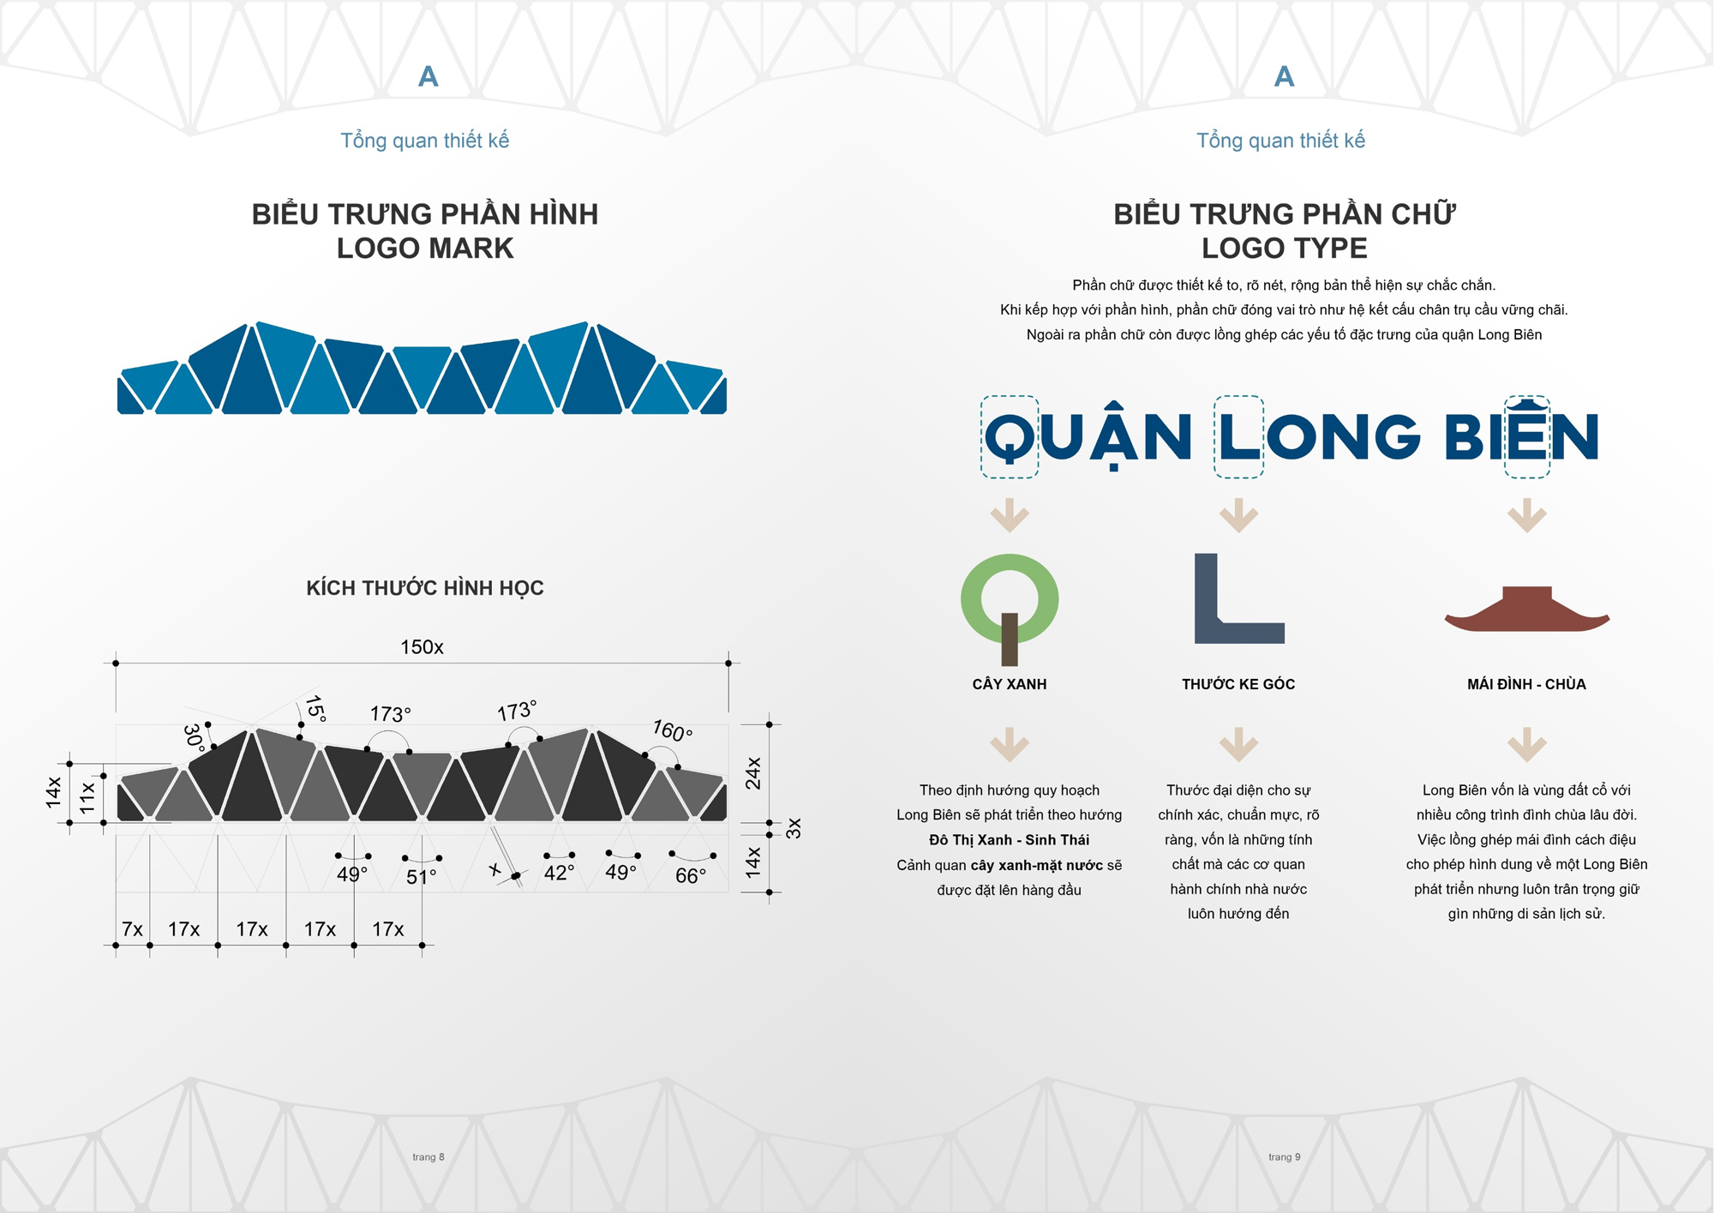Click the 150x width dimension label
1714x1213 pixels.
point(422,647)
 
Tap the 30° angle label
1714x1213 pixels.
point(194,738)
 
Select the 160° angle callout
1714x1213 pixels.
point(672,730)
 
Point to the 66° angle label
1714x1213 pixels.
point(691,875)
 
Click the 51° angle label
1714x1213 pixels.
point(421,877)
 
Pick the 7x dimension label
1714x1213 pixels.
point(132,929)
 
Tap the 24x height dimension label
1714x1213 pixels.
point(753,772)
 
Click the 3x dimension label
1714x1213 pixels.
point(794,828)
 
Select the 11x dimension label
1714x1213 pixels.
point(87,797)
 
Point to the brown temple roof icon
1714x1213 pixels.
point(1527,610)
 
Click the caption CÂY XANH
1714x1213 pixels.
point(1010,683)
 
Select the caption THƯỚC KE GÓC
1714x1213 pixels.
point(1238,684)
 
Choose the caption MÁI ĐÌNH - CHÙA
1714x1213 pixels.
point(1526,683)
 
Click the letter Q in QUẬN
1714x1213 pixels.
point(1010,437)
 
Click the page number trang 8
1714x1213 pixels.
point(428,1157)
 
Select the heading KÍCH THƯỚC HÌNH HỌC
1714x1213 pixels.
point(425,588)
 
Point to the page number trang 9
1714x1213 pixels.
point(1285,1157)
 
